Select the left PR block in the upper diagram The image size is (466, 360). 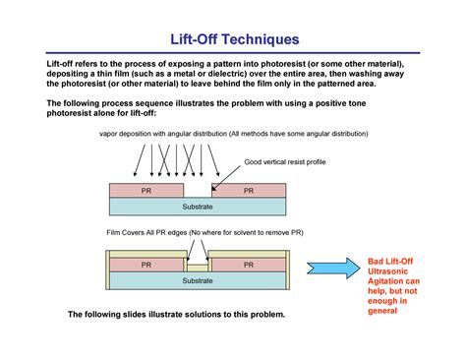point(146,191)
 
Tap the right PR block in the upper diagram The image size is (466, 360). point(249,191)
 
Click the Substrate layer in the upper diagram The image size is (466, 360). point(198,207)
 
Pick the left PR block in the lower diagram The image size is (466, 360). point(146,265)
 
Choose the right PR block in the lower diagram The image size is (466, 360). point(249,265)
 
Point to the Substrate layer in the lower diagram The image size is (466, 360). point(198,280)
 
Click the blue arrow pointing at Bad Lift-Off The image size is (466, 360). point(331,267)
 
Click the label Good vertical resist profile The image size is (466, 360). point(284,161)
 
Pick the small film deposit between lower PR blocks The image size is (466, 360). point(198,267)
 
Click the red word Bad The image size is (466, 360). point(376,261)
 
